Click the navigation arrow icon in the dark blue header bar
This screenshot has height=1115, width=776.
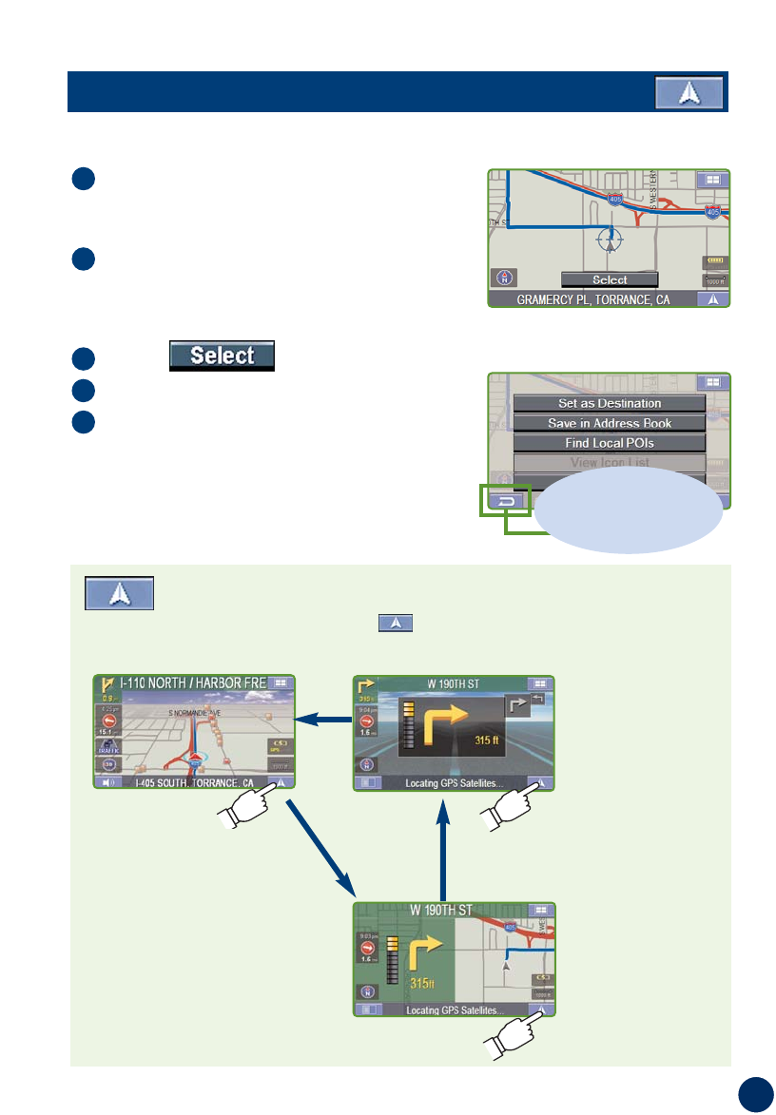tap(689, 94)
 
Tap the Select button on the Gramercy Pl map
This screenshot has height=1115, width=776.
tap(610, 279)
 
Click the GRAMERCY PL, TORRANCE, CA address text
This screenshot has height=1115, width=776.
tap(592, 298)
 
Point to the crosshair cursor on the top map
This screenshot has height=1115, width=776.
tap(611, 238)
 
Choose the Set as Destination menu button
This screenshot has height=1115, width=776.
tap(610, 404)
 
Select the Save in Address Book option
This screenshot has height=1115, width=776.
tap(610, 424)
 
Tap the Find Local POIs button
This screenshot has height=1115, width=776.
tap(610, 444)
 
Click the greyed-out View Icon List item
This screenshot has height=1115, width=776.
tap(610, 463)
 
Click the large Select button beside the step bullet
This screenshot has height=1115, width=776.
tap(223, 356)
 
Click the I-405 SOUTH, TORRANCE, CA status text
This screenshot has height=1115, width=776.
tap(193, 783)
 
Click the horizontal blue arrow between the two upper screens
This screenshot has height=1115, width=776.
tap(324, 721)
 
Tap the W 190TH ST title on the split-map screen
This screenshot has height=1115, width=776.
tap(440, 910)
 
